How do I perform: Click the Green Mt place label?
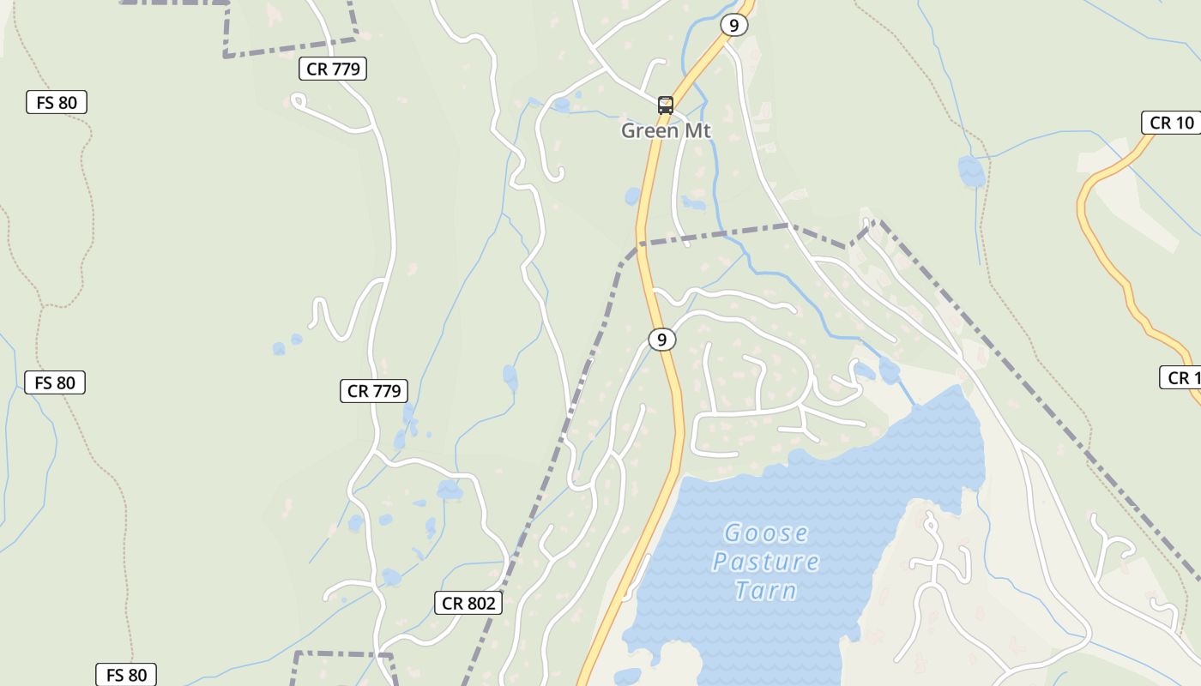(666, 130)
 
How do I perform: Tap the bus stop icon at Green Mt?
(666, 105)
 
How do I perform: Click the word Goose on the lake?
(766, 533)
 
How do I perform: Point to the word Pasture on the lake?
(765, 562)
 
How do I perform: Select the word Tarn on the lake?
(765, 590)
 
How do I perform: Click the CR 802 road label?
(468, 603)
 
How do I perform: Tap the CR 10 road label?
(1171, 123)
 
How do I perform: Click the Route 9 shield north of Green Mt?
(733, 26)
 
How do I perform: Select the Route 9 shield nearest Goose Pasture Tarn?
(661, 340)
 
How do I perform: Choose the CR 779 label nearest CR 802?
(373, 392)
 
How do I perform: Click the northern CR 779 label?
(333, 69)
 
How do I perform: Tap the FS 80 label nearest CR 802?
(126, 675)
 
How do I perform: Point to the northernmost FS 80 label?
(57, 103)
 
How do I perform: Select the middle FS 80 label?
(55, 382)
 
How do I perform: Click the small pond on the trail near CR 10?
(971, 171)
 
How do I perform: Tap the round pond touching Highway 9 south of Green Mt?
(633, 196)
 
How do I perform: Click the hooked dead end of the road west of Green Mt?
(558, 175)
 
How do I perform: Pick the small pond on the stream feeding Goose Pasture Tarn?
(889, 371)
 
